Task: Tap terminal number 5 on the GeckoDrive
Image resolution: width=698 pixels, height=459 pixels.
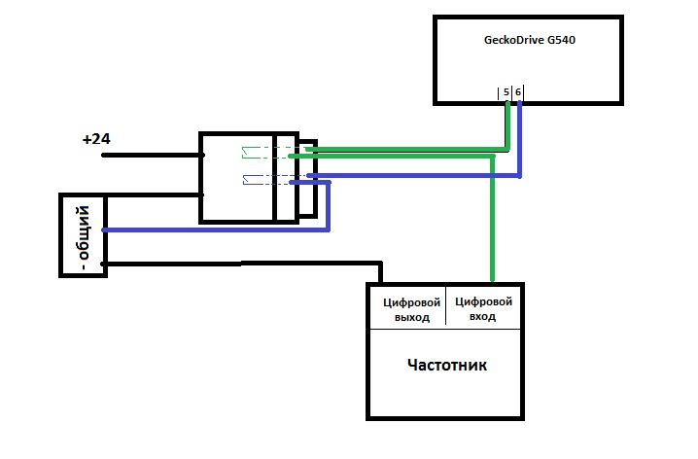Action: (506, 92)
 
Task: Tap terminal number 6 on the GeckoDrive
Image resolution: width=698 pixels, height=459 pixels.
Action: (518, 92)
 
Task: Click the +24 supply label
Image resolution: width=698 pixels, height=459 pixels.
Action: (96, 140)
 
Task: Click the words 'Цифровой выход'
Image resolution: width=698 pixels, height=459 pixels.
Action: (405, 308)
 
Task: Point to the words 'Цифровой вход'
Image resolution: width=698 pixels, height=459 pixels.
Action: (483, 308)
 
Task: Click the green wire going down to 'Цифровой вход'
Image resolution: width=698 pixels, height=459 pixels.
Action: (492, 224)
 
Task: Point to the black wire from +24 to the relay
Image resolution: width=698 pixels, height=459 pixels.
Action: (146, 155)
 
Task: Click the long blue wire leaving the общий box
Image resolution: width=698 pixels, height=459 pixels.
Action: (214, 229)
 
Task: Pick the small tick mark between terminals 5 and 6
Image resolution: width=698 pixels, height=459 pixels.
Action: (512, 92)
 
